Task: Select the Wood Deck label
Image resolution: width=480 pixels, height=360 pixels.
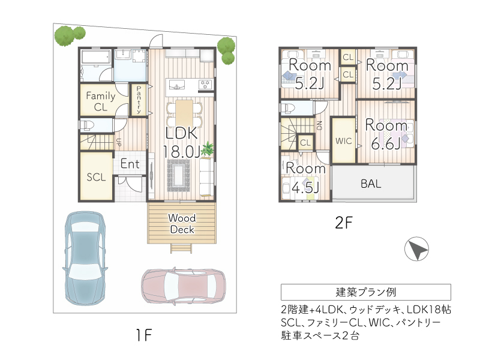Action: pyautogui.click(x=181, y=223)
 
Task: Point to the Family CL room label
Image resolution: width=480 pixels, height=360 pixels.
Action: pyautogui.click(x=101, y=101)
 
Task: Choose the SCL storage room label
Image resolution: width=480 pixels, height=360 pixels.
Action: pyautogui.click(x=96, y=177)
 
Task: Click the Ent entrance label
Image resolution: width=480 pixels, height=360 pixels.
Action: pyautogui.click(x=130, y=164)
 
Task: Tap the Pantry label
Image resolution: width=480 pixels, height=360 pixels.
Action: pyautogui.click(x=139, y=100)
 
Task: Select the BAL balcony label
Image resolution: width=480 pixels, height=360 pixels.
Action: pyautogui.click(x=371, y=184)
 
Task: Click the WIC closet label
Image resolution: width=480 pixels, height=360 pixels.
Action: pyautogui.click(x=343, y=142)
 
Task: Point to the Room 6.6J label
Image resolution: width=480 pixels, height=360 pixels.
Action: pyautogui.click(x=386, y=134)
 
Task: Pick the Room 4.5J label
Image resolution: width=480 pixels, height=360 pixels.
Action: pyautogui.click(x=305, y=178)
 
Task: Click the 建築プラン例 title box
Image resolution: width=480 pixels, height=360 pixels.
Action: pyautogui.click(x=365, y=292)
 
